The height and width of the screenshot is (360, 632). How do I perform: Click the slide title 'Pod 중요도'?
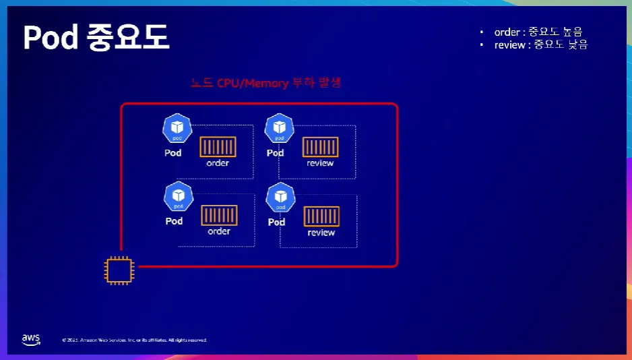tap(96, 38)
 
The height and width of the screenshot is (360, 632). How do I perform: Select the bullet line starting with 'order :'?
tap(538, 32)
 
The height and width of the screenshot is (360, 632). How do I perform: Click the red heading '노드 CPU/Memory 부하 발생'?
tap(265, 84)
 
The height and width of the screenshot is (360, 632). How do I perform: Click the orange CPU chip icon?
tap(119, 270)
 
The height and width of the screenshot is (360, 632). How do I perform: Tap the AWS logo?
tap(31, 339)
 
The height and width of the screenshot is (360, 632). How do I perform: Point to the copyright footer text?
tap(135, 340)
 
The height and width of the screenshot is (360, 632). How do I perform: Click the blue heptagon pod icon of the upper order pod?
tap(177, 128)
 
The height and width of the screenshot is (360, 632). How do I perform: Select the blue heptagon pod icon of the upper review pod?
tap(279, 128)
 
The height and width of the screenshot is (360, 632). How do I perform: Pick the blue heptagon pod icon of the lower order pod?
tap(179, 197)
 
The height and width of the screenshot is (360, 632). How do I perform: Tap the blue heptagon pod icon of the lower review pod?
tap(280, 198)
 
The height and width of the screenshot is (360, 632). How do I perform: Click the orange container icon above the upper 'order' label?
tap(218, 147)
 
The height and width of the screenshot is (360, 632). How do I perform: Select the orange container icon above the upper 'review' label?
tap(320, 147)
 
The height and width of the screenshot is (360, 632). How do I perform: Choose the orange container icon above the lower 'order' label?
tap(219, 216)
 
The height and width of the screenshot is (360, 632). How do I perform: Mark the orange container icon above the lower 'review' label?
tap(321, 216)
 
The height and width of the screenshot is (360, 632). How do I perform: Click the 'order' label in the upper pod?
tap(218, 163)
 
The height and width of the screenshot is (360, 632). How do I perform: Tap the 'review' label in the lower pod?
tap(321, 233)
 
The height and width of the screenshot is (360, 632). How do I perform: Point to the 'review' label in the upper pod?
tap(320, 163)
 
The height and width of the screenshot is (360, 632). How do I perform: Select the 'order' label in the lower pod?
tap(219, 231)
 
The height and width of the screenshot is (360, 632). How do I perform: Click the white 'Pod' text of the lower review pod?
tap(276, 222)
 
